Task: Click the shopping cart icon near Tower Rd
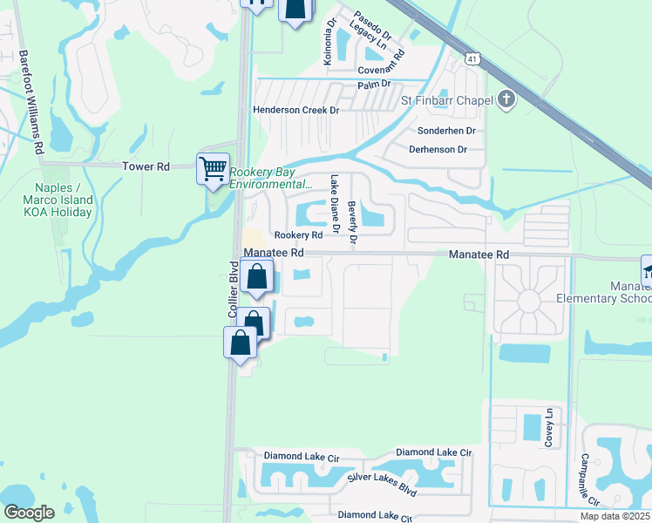pyautogui.click(x=213, y=168)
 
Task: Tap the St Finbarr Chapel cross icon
pyautogui.click(x=507, y=100)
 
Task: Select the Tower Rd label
pyautogui.click(x=146, y=166)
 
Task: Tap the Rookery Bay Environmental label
pyautogui.click(x=270, y=178)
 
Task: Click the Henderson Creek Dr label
pyautogui.click(x=295, y=110)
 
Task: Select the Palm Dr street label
pyautogui.click(x=375, y=85)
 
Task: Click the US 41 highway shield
pyautogui.click(x=472, y=58)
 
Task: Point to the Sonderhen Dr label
pyautogui.click(x=445, y=130)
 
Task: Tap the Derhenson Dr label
pyautogui.click(x=438, y=149)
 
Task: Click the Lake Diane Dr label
pyautogui.click(x=334, y=206)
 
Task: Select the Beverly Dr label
pyautogui.click(x=352, y=221)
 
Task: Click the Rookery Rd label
pyautogui.click(x=293, y=235)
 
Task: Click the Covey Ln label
pyautogui.click(x=549, y=427)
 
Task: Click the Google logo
pyautogui.click(x=29, y=513)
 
